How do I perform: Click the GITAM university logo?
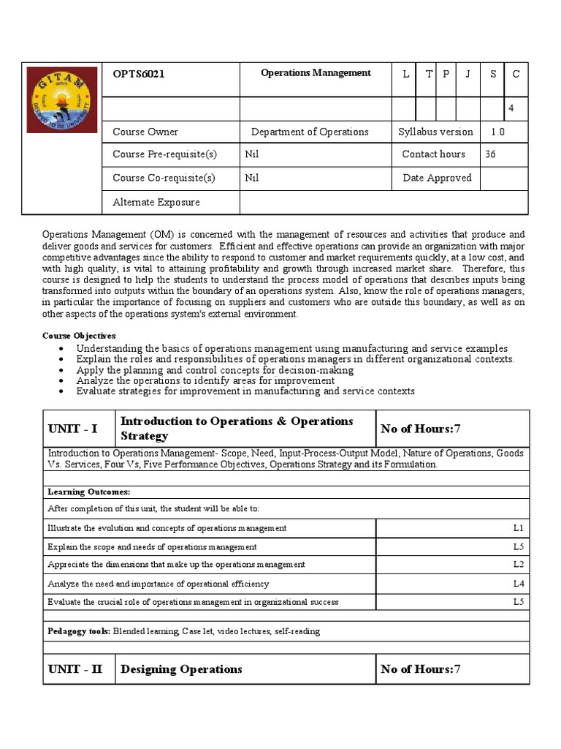point(61,99)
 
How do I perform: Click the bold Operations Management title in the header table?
point(316,73)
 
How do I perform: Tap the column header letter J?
point(467,74)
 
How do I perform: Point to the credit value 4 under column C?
point(511,108)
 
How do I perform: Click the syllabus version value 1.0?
point(497,132)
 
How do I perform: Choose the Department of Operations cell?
point(310,132)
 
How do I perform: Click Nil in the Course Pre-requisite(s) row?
point(252,154)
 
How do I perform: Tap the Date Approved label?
point(437,178)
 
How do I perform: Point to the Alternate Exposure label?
point(156,202)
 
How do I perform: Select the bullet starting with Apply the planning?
point(215,370)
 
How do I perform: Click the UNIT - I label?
point(72,429)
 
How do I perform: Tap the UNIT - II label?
point(75,669)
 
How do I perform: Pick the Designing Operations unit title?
point(181,669)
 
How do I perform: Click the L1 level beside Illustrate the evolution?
point(518,528)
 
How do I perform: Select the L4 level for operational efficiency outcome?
point(518,584)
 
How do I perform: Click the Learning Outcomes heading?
point(89,492)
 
